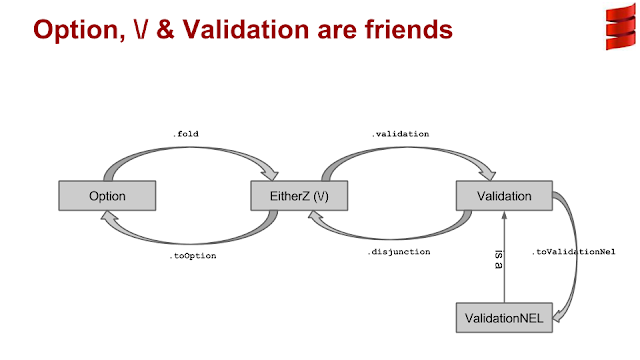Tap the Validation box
[x=505, y=197]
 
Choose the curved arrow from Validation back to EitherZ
[x=400, y=234]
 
